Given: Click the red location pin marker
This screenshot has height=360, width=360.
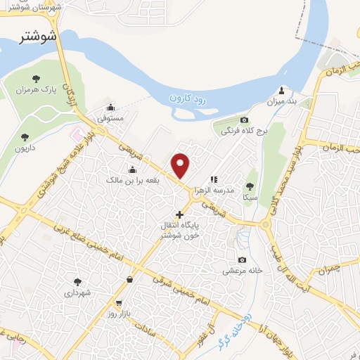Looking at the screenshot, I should pyautogui.click(x=181, y=165).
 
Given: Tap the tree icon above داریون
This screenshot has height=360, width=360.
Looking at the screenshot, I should pyautogui.click(x=25, y=136).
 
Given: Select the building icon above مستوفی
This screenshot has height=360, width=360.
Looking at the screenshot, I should pyautogui.click(x=111, y=107).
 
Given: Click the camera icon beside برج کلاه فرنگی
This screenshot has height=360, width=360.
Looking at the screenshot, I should pyautogui.click(x=244, y=120).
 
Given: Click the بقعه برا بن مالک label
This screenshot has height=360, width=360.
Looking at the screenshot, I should pyautogui.click(x=131, y=181).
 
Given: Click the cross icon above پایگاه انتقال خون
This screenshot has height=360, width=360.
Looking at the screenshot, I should pyautogui.click(x=179, y=214).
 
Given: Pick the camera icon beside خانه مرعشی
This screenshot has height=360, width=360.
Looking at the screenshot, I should pyautogui.click(x=243, y=259).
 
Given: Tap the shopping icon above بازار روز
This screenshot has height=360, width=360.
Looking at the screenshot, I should pyautogui.click(x=129, y=280).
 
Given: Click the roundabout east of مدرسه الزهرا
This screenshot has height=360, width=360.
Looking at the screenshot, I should pyautogui.click(x=266, y=224).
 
